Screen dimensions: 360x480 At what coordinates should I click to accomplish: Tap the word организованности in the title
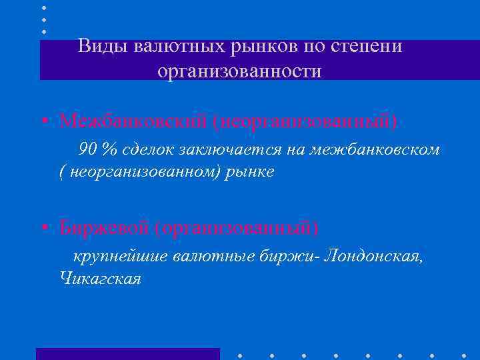point(239,70)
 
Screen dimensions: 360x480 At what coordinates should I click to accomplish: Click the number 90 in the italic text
point(88,149)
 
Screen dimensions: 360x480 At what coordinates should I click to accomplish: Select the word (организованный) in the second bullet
point(236,228)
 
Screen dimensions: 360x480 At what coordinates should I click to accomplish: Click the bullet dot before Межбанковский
point(43,122)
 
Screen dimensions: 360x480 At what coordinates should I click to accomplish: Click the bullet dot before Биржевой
point(43,229)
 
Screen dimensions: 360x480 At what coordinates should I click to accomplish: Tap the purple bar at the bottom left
point(127,354)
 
